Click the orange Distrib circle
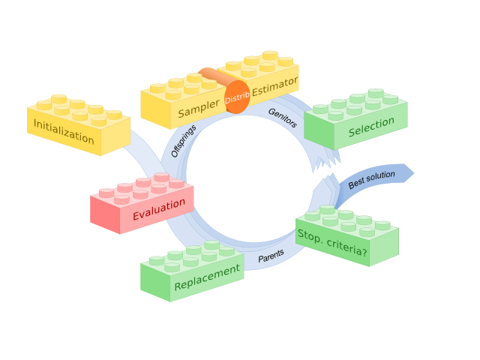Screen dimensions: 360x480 click(236, 97)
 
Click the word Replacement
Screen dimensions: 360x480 click(207, 278)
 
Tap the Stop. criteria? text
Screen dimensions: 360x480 click(332, 246)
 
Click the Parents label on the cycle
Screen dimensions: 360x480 click(271, 257)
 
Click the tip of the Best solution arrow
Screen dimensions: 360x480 click(412, 171)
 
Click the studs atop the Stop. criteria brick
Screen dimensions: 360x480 click(349, 219)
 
